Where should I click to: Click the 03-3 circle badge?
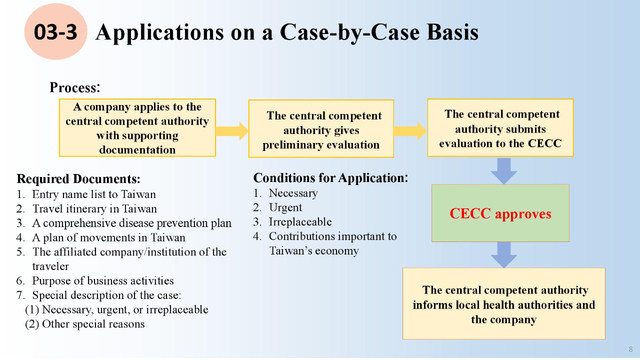pyautogui.click(x=55, y=32)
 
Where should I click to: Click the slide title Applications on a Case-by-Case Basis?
pyautogui.click(x=286, y=32)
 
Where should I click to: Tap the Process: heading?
pyautogui.click(x=75, y=87)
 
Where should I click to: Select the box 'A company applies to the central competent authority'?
pyautogui.click(x=137, y=128)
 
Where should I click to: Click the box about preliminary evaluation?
pyautogui.click(x=321, y=129)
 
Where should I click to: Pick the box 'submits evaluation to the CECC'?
pyautogui.click(x=500, y=128)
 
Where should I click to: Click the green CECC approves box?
pyautogui.click(x=500, y=213)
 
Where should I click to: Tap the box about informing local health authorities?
pyautogui.click(x=503, y=304)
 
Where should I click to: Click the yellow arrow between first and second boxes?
pyautogui.click(x=232, y=131)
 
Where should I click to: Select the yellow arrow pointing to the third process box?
pyautogui.click(x=410, y=131)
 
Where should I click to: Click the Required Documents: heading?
pyautogui.click(x=78, y=179)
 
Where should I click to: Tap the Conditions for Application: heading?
pyautogui.click(x=330, y=178)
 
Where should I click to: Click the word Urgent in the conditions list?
pyautogui.click(x=285, y=207)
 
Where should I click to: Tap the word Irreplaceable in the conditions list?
pyautogui.click(x=300, y=222)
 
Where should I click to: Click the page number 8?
pyautogui.click(x=630, y=349)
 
